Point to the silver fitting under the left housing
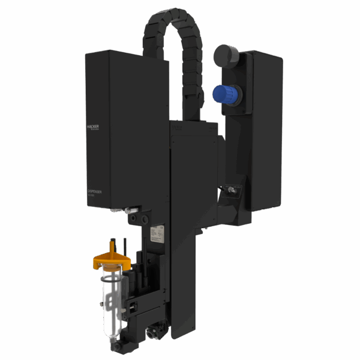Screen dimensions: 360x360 [130, 209]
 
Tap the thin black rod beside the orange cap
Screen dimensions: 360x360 [124, 247]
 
